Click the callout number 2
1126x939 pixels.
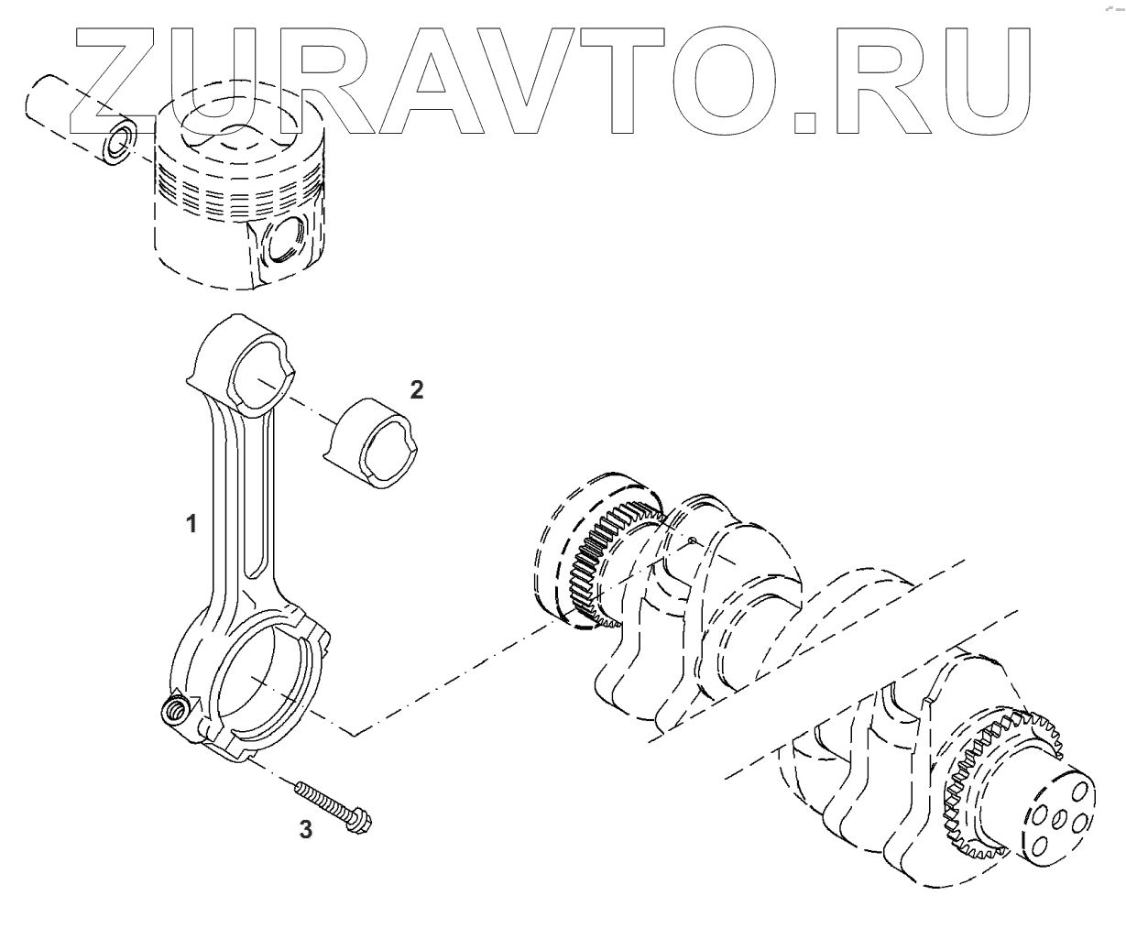point(416,390)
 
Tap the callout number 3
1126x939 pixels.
point(306,830)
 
